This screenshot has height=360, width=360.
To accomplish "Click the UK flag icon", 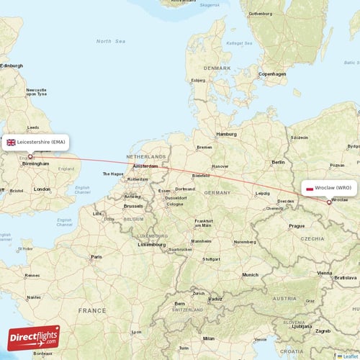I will (12, 143).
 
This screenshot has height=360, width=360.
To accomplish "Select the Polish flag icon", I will (309, 187).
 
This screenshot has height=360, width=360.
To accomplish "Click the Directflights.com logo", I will (34, 338).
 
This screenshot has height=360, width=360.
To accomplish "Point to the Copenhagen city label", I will (272, 73).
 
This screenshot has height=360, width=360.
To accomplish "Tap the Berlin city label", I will (278, 163).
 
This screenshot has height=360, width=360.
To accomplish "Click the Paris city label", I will (96, 256).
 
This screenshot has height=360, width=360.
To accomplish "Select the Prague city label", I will (297, 225).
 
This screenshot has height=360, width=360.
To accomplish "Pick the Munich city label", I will (250, 274).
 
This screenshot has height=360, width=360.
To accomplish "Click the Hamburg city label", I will (227, 134).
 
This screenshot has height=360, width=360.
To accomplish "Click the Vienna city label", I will (325, 273).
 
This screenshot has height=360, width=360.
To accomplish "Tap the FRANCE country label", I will (92, 310).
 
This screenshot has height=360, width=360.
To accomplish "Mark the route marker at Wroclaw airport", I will (329, 202).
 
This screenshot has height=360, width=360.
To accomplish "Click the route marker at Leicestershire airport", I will (30, 156).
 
